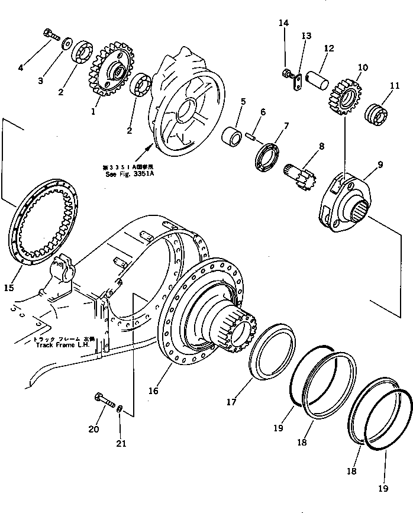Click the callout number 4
pos(21,67)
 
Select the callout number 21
pos(121,428)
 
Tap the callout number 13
pos(305,36)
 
